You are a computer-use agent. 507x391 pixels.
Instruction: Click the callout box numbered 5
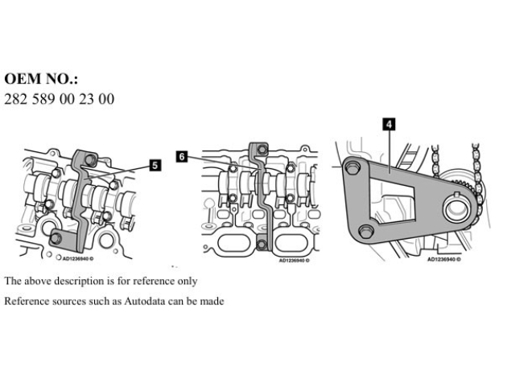click(155, 164)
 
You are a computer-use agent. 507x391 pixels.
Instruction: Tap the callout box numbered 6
click(182, 157)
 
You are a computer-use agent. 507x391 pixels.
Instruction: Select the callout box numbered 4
click(389, 125)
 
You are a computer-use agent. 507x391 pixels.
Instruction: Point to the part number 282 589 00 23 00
click(60, 99)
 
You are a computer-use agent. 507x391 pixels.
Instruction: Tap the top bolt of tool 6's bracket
click(258, 150)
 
